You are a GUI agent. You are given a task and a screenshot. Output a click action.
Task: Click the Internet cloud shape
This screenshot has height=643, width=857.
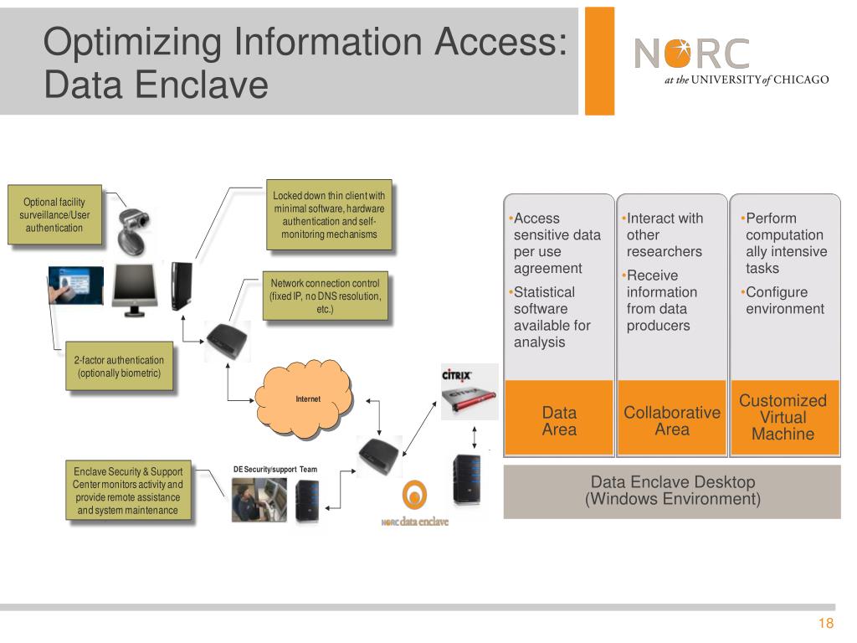pyautogui.click(x=307, y=399)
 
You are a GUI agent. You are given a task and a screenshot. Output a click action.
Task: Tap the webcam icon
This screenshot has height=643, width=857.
pyautogui.click(x=134, y=230)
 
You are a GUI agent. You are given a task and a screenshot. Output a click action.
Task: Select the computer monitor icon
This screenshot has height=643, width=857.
pyautogui.click(x=134, y=289)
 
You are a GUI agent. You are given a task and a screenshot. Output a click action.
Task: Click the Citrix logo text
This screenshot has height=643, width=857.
pyautogui.click(x=457, y=375)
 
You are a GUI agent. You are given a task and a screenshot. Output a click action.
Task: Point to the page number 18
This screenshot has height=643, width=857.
pyautogui.click(x=826, y=624)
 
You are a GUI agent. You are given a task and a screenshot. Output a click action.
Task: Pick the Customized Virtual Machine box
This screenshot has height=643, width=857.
pyautogui.click(x=783, y=417)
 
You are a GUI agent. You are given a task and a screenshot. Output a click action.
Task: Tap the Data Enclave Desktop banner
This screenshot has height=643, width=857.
pyautogui.click(x=672, y=491)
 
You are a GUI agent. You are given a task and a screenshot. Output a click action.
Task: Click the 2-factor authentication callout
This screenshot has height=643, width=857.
pyautogui.click(x=119, y=367)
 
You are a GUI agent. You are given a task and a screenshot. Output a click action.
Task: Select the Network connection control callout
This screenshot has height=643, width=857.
pyautogui.click(x=325, y=296)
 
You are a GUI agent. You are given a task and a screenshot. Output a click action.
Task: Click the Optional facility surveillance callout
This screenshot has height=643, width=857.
pyautogui.click(x=54, y=214)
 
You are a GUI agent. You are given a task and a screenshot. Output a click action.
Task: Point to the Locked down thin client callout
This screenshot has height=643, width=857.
pyautogui.click(x=329, y=214)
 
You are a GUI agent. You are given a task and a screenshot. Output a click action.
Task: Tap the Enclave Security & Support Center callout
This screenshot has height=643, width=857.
pyautogui.click(x=128, y=491)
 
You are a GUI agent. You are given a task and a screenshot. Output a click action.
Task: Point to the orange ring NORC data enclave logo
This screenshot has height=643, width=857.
pyautogui.click(x=414, y=496)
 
